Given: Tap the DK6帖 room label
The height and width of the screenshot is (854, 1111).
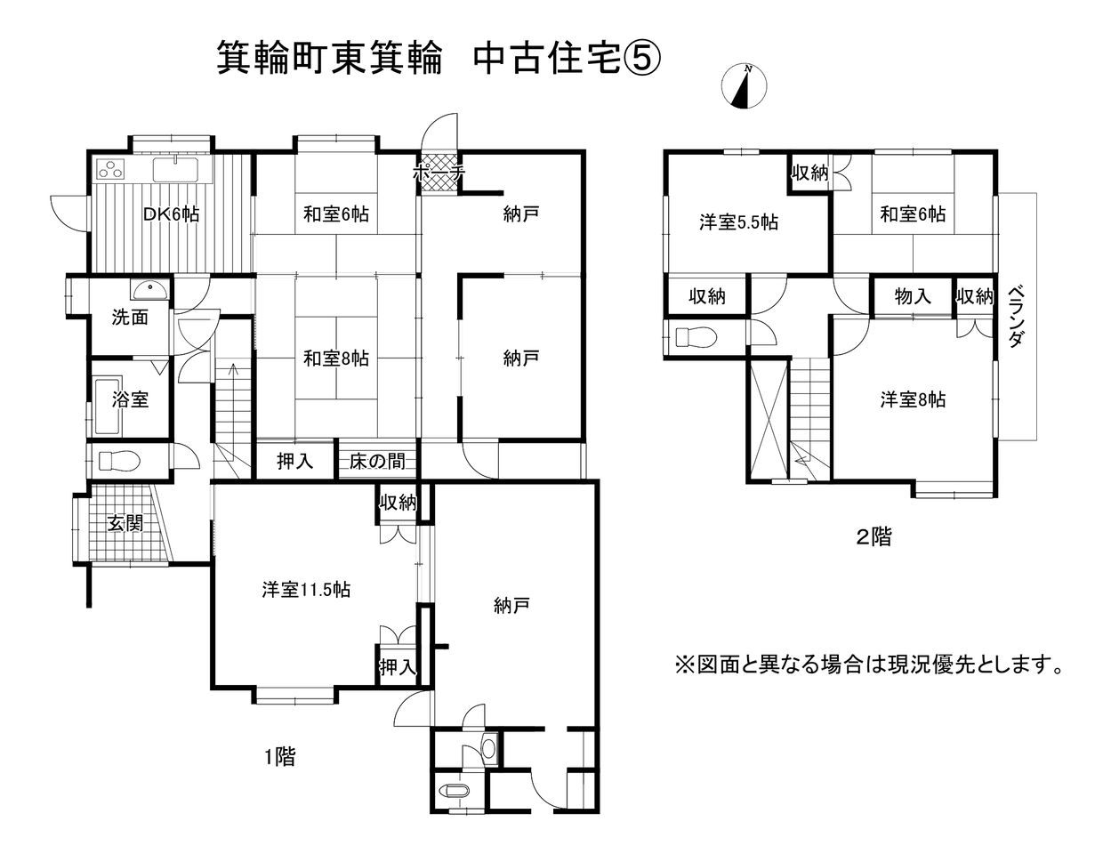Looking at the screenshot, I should click(172, 214).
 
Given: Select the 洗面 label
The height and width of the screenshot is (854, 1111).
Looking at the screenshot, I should click(130, 317).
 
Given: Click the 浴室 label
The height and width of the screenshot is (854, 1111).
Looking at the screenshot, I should click(130, 399).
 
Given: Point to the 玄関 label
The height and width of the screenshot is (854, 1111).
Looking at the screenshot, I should click(125, 523).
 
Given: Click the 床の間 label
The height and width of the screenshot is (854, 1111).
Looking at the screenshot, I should click(377, 461).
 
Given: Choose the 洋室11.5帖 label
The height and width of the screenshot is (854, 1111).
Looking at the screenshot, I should click(305, 589).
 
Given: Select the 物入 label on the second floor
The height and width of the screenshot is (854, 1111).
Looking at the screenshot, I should click(913, 296).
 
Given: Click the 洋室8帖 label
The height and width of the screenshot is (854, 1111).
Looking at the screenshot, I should click(913, 399).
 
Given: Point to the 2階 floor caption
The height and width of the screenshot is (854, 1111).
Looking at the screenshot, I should click(874, 537).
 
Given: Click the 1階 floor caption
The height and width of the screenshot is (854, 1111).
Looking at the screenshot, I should click(278, 757).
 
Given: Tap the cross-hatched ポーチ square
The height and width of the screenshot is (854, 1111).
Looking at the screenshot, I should click(438, 166).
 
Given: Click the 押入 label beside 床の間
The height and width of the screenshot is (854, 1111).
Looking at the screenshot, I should click(294, 461).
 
